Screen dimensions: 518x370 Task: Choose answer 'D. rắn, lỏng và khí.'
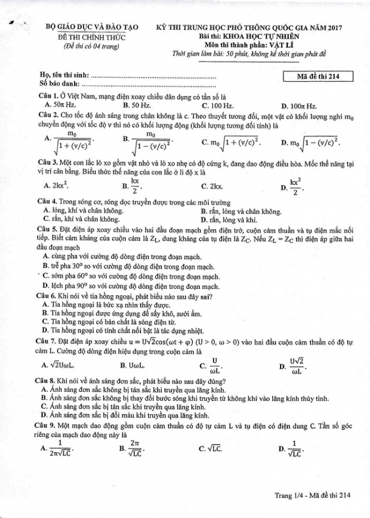pos(228,219)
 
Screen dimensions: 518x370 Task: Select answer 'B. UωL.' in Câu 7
pos(132,365)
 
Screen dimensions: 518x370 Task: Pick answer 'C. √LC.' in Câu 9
pos(210,449)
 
